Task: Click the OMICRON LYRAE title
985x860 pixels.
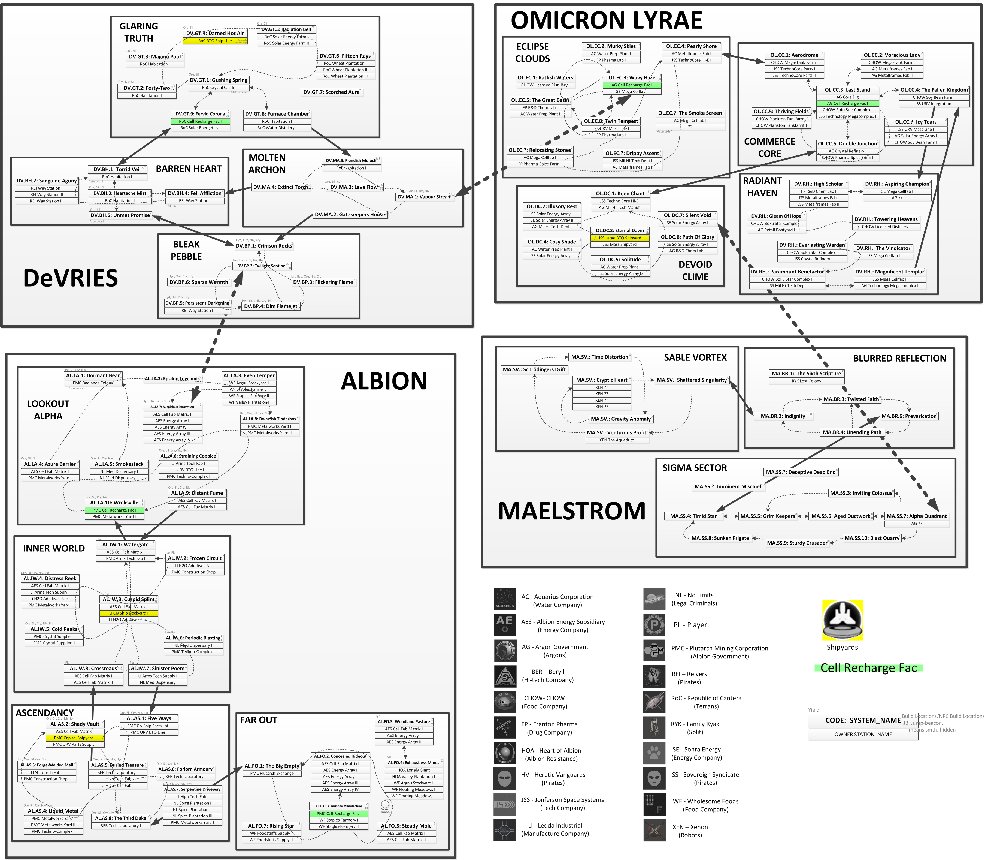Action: click(606, 21)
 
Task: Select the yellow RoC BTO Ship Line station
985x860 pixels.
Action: click(215, 41)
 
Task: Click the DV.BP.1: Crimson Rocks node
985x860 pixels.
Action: click(264, 246)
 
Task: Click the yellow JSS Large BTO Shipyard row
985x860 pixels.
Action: click(620, 238)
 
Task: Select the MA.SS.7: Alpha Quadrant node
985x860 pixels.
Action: click(916, 516)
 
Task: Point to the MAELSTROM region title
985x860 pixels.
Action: click(572, 511)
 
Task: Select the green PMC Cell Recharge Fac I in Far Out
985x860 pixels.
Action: click(339, 813)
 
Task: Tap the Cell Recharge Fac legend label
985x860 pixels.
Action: click(868, 668)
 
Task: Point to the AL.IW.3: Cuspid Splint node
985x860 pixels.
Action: click(129, 599)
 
